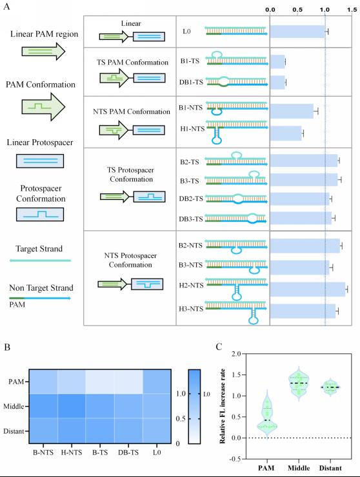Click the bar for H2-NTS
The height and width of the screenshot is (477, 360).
pos(308,289)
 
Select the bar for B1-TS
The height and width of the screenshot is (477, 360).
pos(277,62)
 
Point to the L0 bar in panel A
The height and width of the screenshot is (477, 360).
pos(297,32)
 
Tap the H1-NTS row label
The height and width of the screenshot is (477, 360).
pos(192,129)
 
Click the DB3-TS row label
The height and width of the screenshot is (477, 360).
pos(191,219)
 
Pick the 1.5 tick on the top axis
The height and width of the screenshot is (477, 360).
pos(352,10)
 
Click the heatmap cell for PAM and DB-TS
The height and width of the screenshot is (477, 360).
pos(128,382)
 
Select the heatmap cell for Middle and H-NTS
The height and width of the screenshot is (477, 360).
pos(72,406)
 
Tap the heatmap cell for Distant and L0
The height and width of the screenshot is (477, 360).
pos(157,431)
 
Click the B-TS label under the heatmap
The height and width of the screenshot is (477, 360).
pos(100,453)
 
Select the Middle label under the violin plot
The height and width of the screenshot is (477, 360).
pos(299,468)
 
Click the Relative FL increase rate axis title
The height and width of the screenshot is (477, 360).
pos(223,406)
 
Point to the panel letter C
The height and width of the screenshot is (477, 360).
pos(219,347)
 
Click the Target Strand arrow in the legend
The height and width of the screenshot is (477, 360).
pos(40,260)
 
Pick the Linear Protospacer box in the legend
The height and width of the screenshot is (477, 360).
pos(40,161)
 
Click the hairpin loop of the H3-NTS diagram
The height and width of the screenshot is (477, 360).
pos(253,320)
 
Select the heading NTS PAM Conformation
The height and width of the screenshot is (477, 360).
pos(132,112)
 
